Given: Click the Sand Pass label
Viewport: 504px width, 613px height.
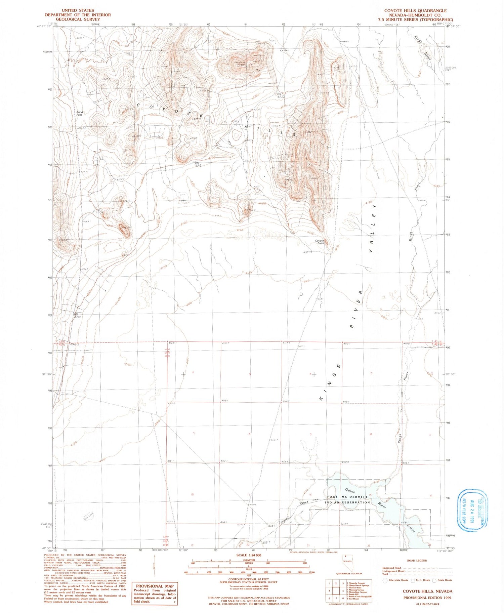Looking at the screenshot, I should point(79,113).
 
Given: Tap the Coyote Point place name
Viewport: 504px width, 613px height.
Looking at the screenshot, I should point(319,242).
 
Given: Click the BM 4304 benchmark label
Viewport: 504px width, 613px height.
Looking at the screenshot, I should point(99,211).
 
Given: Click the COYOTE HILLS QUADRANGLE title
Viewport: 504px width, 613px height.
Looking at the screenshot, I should point(415,11).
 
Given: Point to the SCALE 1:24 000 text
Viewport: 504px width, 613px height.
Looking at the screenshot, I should point(249,555).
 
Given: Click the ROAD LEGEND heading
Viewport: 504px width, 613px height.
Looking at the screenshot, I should point(417,561).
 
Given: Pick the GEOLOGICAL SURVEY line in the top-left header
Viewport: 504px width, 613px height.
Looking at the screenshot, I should point(78,19).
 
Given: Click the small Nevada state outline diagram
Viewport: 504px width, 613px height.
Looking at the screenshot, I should point(347,560).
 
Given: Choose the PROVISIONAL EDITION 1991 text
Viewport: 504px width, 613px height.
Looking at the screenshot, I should point(428,598).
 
